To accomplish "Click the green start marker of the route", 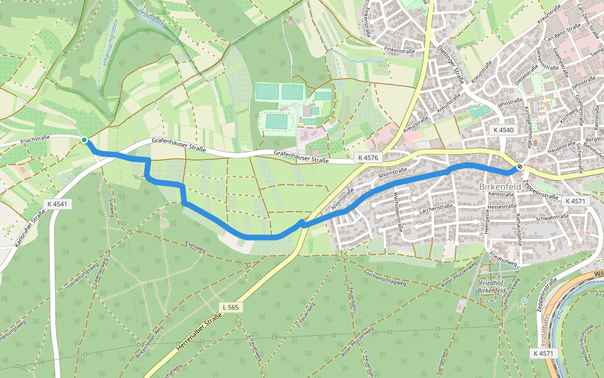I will coord(84,140).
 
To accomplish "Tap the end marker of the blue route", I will coord(519,168).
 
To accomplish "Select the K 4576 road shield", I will coord(367,157).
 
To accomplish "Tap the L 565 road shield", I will coord(231,307).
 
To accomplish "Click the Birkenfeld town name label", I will coord(500,187).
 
